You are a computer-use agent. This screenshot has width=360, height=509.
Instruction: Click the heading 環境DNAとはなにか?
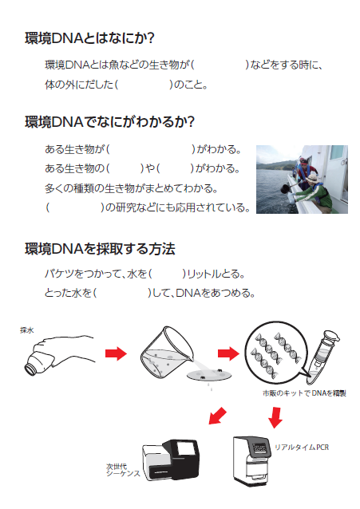(89, 38)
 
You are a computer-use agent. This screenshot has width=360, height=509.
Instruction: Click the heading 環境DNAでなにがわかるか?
(109, 122)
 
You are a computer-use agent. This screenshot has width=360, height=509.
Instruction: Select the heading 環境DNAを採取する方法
(100, 249)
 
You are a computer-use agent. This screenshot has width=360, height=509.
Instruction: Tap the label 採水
(26, 330)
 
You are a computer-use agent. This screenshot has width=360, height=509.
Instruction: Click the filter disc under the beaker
(210, 375)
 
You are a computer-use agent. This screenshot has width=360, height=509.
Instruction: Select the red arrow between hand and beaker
(116, 353)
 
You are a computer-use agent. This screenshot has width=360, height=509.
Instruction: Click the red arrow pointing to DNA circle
(228, 353)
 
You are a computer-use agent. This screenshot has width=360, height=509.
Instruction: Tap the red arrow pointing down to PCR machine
(275, 417)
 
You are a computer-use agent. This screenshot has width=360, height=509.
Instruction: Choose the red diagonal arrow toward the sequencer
(217, 416)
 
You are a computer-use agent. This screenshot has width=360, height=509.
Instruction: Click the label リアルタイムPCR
(302, 448)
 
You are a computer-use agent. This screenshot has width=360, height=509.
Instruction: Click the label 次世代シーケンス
(124, 470)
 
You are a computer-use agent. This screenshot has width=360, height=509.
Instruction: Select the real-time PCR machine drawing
(251, 460)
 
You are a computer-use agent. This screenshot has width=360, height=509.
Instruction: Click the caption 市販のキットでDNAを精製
(304, 393)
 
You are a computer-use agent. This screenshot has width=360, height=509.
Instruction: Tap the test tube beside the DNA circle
(322, 357)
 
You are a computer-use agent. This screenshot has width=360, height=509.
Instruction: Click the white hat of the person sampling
(312, 178)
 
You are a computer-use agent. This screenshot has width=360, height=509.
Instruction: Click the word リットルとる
(214, 274)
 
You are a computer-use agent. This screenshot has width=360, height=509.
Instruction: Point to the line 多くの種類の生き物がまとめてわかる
(131, 188)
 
